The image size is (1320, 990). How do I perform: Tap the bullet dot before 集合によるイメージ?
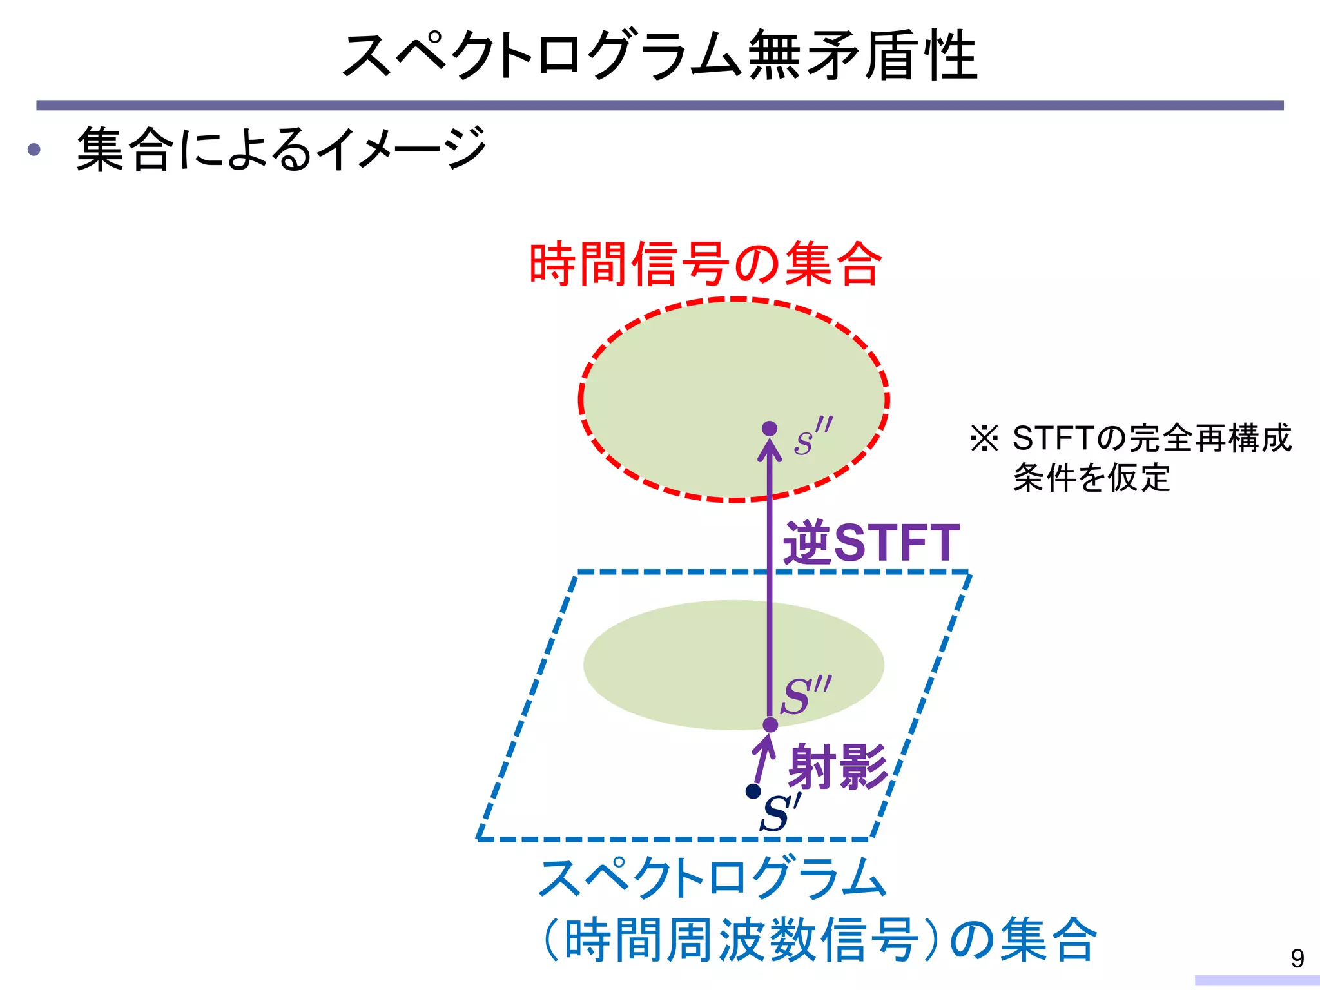click(x=34, y=150)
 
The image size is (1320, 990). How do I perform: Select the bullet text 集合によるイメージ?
click(x=281, y=149)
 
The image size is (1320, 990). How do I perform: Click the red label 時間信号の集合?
click(x=704, y=264)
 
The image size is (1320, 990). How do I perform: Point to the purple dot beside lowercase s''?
click(x=769, y=429)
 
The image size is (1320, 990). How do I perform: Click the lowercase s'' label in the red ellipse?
click(x=811, y=436)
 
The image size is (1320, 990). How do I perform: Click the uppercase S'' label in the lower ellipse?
click(x=805, y=695)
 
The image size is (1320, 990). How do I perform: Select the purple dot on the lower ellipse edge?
click(x=770, y=725)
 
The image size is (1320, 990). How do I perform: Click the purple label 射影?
click(x=838, y=766)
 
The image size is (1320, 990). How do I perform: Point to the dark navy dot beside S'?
click(x=752, y=791)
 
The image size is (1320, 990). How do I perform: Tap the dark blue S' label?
click(x=781, y=813)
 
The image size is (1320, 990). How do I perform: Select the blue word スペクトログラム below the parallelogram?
click(x=712, y=878)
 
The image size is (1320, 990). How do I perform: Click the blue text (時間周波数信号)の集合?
click(x=819, y=939)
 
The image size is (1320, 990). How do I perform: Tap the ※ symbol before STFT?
click(x=984, y=438)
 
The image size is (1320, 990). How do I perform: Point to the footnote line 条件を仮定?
click(x=1091, y=478)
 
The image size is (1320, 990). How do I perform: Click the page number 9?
click(x=1297, y=958)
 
